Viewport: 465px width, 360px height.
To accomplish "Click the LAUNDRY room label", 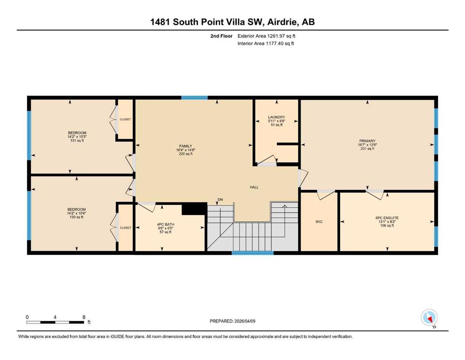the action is click(276, 117).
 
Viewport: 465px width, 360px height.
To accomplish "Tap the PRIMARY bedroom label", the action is click(368, 141).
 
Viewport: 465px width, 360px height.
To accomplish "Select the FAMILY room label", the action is click(185, 146).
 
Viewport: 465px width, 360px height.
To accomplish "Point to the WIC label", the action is click(319, 222).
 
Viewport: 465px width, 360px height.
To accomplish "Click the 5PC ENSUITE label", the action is click(387, 218).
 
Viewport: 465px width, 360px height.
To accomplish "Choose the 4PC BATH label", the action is click(166, 225).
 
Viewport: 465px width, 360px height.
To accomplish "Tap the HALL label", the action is click(254, 187).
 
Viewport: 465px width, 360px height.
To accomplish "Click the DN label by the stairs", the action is click(220, 199).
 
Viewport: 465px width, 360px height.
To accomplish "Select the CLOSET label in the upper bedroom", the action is click(125, 120).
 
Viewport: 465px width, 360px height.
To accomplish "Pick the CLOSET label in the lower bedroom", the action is click(125, 228).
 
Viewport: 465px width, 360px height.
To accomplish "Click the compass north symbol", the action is click(429, 318).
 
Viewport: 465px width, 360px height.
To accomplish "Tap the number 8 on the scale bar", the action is click(84, 317).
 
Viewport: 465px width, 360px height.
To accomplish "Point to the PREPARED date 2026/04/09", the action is click(245, 321).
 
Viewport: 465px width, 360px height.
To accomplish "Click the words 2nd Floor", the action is click(221, 36).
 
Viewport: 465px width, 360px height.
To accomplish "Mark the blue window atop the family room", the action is click(194, 97).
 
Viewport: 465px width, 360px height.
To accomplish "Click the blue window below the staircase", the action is click(253, 253).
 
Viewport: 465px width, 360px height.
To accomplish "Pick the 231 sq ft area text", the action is click(368, 149).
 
